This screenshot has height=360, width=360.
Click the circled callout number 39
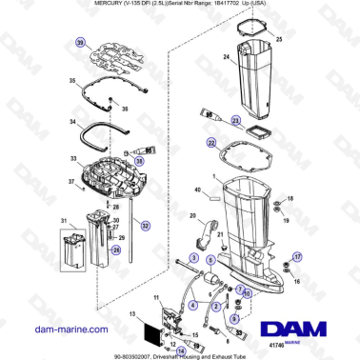81,44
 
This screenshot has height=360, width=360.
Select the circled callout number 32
145,226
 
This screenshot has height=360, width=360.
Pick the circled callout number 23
230,119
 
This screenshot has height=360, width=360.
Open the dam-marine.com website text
63,328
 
